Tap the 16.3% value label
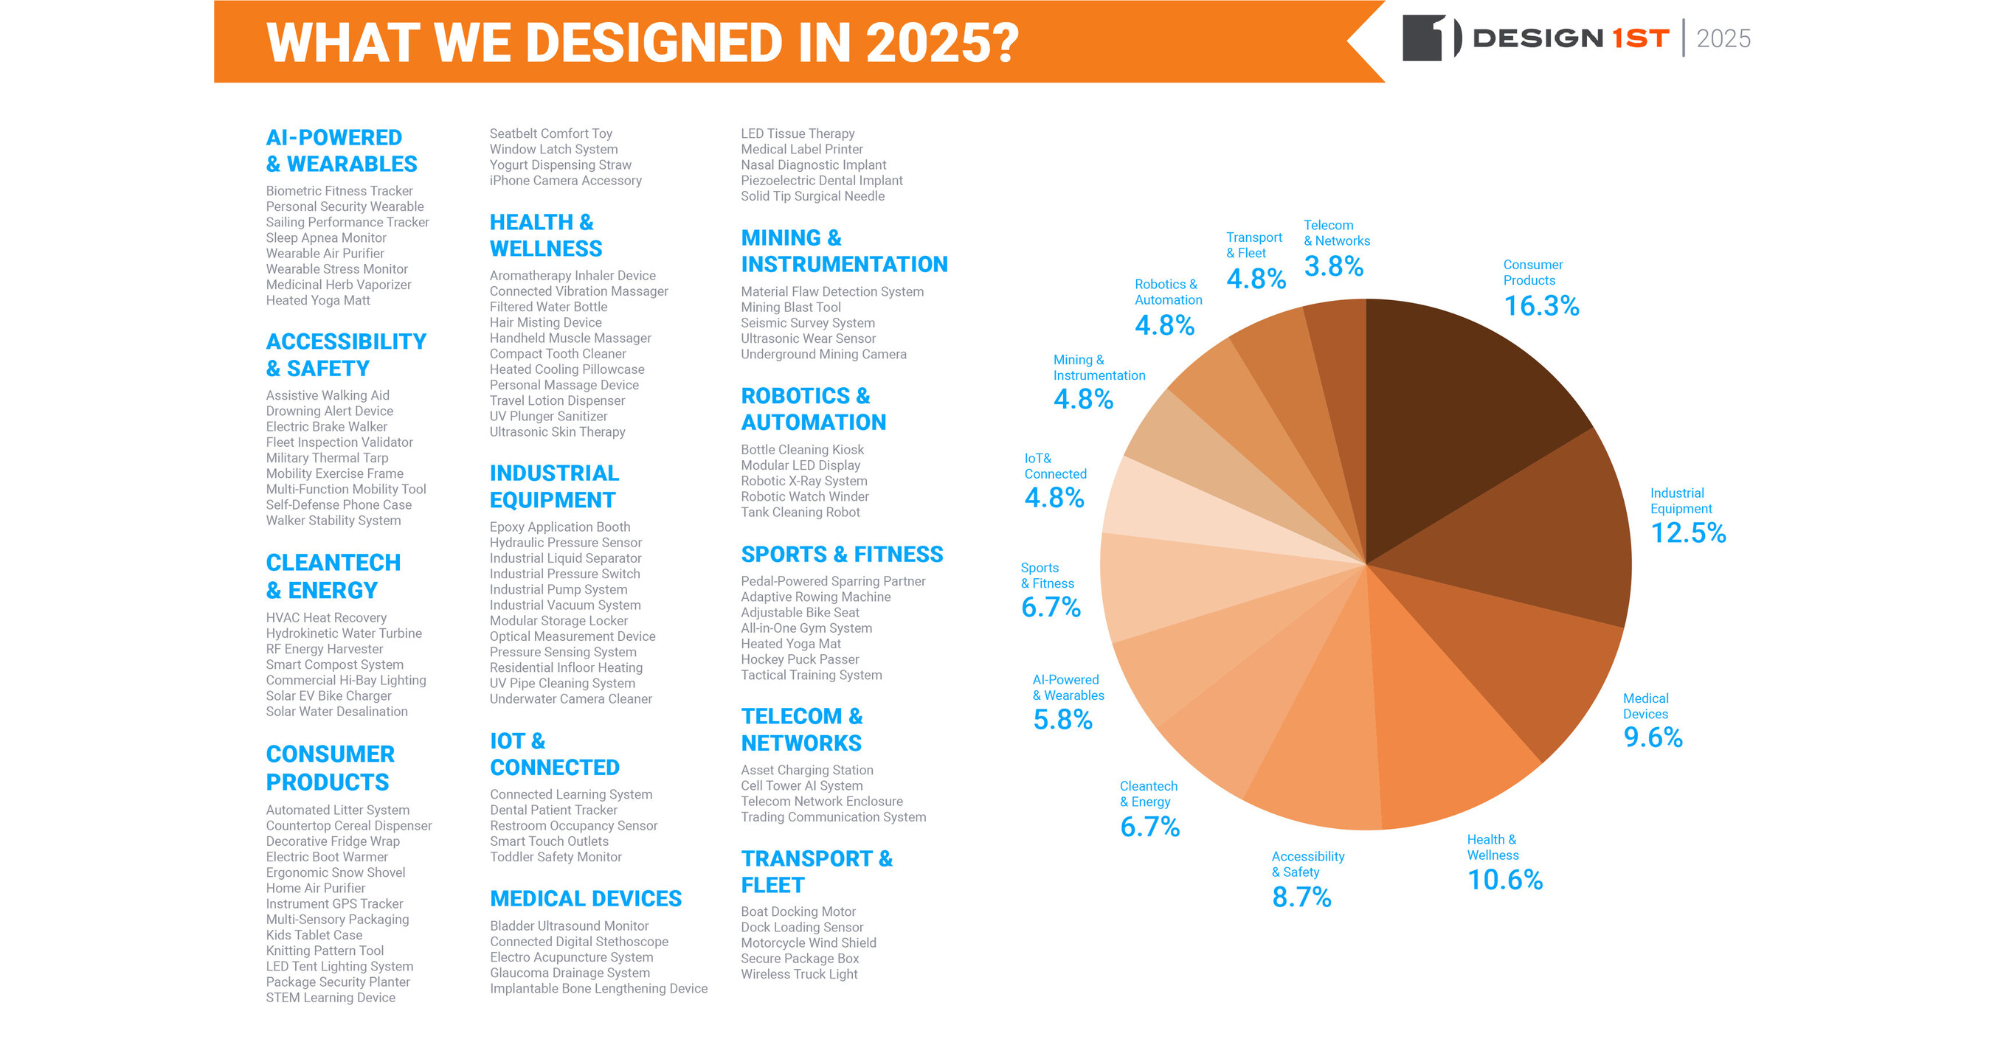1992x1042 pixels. pos(1540,306)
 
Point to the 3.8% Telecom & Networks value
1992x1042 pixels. pos(1333,267)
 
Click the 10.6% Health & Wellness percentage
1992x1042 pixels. pos(1504,880)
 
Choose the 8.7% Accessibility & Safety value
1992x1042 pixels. pos(1301,897)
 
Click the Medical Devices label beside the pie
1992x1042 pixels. pos(1645,706)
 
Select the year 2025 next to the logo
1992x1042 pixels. pos(1723,38)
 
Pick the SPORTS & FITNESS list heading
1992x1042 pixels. pos(841,555)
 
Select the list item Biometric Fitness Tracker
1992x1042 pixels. pos(339,191)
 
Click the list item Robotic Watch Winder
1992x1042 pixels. pos(804,496)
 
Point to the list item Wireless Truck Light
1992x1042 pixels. pos(799,974)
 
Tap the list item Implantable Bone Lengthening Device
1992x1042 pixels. pos(598,989)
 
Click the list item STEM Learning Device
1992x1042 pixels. pos(331,998)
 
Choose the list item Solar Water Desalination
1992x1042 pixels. pos(336,712)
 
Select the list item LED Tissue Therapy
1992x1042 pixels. pos(798,133)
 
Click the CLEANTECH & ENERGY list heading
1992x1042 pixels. pos(333,576)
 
